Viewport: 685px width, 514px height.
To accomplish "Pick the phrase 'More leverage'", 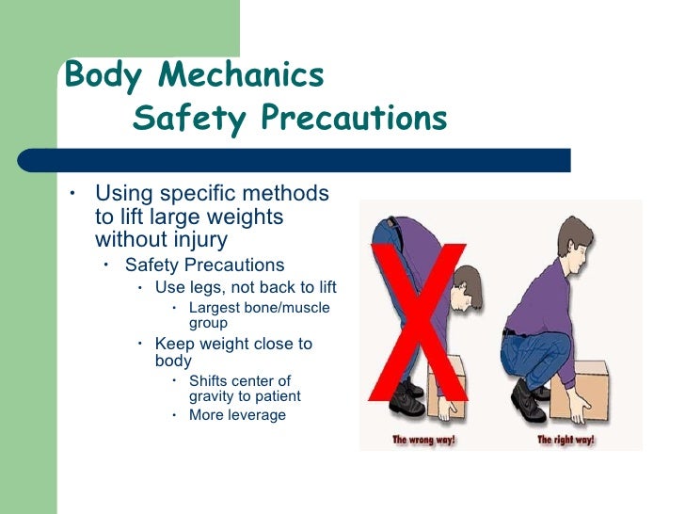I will click(237, 415).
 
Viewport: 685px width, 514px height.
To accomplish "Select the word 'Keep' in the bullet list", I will click(173, 345).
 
